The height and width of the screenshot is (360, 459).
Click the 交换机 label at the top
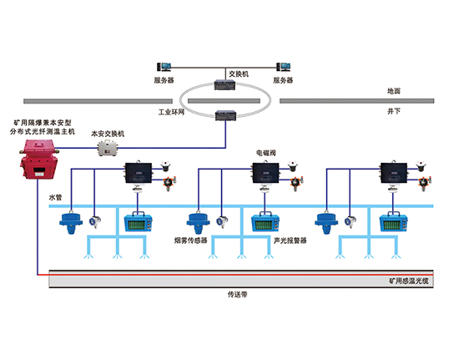pyautogui.click(x=239, y=73)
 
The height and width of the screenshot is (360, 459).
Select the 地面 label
pyautogui.click(x=394, y=91)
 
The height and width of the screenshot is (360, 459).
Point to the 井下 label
pyautogui.click(x=394, y=109)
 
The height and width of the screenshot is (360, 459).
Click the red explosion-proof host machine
pyautogui.click(x=36, y=158)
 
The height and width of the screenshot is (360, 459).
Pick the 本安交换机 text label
pyautogui.click(x=108, y=133)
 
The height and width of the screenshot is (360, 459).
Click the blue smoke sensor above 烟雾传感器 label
pyautogui.click(x=197, y=221)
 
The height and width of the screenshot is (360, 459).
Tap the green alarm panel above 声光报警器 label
pyautogui.click(x=265, y=222)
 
